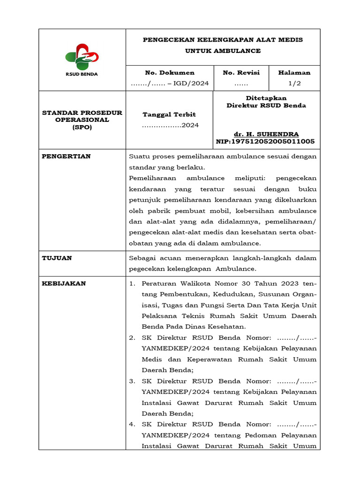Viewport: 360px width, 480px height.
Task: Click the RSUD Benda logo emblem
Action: [x=82, y=56]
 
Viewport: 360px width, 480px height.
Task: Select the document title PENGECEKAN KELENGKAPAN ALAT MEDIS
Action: [x=223, y=40]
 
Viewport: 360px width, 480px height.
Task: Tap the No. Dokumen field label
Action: [x=170, y=73]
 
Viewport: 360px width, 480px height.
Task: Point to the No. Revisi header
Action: [x=241, y=73]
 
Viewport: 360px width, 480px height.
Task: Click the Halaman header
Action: [x=294, y=73]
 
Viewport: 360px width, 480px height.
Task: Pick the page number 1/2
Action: [x=294, y=83]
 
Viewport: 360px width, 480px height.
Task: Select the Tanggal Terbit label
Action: [x=169, y=114]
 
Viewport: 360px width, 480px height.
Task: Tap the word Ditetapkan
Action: [x=266, y=98]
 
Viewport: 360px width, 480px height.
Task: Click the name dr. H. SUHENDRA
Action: [x=266, y=134]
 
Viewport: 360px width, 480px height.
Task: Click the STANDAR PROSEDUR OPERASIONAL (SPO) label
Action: [x=82, y=120]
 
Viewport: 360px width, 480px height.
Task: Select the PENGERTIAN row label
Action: [x=67, y=156]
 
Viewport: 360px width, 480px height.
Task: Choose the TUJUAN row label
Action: [x=57, y=258]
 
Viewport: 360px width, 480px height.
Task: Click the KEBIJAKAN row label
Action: [x=64, y=284]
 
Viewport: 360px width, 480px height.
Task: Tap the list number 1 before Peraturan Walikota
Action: [x=132, y=284]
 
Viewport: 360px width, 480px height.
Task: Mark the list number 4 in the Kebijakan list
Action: [x=132, y=425]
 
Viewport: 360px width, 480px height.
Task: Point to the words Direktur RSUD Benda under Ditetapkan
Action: [x=266, y=105]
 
